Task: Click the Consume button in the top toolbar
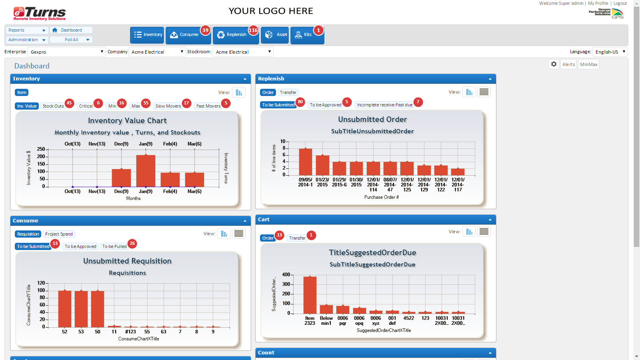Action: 185,35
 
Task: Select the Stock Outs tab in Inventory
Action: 53,106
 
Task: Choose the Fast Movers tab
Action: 208,106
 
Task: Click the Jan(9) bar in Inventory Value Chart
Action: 146,171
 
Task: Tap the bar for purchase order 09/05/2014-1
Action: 306,162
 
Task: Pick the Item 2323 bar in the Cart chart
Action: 310,295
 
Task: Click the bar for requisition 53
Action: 81,309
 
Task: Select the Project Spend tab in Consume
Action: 59,234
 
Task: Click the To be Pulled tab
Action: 114,246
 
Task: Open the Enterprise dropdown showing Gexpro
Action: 66,52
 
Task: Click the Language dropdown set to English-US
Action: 610,52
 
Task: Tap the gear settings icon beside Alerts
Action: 554,64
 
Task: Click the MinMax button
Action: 588,64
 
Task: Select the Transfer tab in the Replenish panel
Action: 288,92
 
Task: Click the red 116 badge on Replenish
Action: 253,30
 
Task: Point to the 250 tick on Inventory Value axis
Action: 41,149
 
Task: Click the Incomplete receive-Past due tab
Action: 384,105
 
